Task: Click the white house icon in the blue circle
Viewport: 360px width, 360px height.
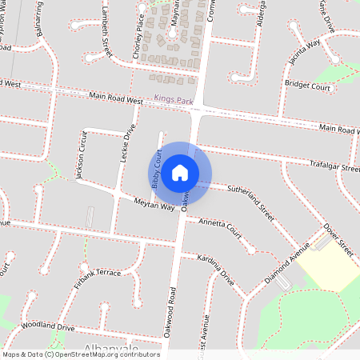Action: pyautogui.click(x=180, y=172)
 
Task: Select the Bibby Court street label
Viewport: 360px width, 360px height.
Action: pyautogui.click(x=158, y=167)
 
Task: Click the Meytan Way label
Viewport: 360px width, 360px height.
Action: pyautogui.click(x=154, y=205)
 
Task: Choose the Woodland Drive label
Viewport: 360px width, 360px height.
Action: pyautogui.click(x=48, y=327)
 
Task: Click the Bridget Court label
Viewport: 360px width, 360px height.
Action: pyautogui.click(x=307, y=84)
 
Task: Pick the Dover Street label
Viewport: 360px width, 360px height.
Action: pyautogui.click(x=337, y=241)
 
